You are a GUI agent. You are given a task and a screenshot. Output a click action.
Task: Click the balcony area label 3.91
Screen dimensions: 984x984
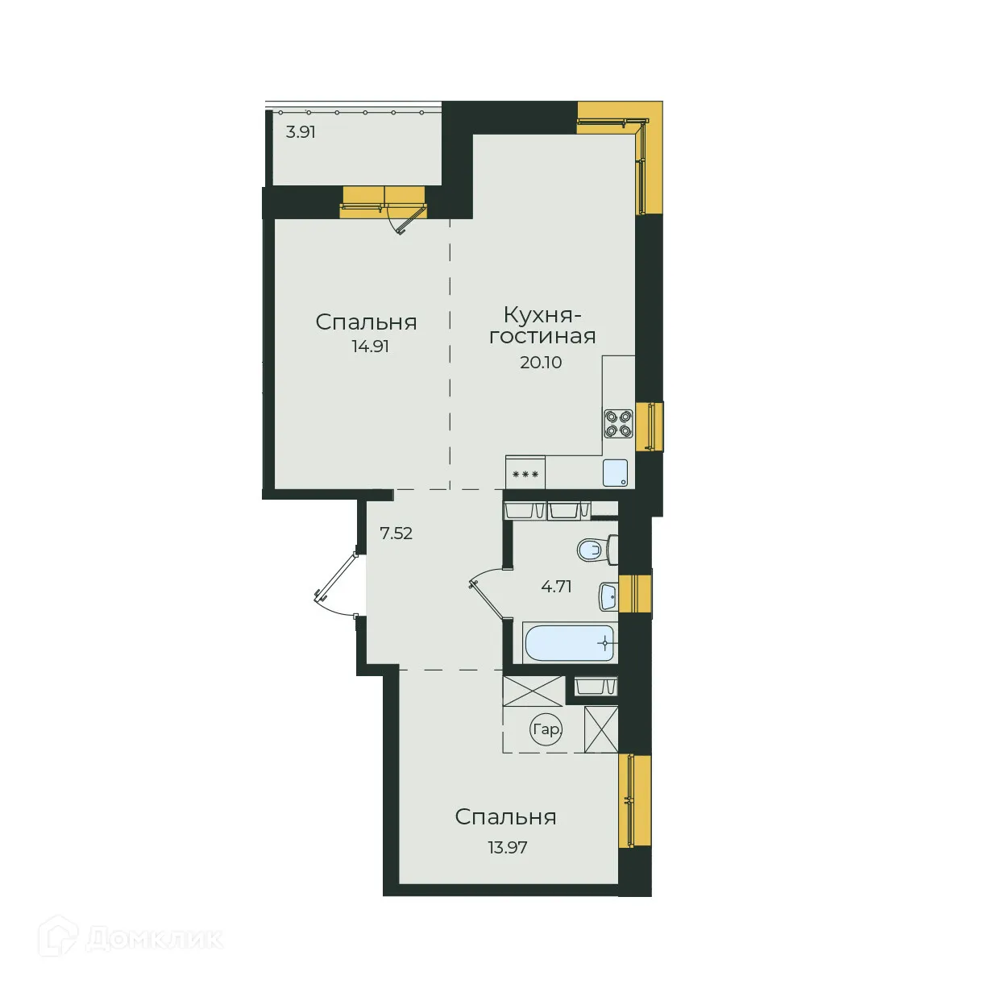pos(301,132)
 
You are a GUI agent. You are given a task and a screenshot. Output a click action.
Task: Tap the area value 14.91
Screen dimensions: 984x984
pos(370,347)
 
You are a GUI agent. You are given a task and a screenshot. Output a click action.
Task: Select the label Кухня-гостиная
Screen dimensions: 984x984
pos(542,326)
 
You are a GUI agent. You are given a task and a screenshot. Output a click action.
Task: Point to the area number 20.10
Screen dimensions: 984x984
pos(541,363)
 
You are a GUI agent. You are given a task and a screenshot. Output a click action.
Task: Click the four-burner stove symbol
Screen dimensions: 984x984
pos(618,423)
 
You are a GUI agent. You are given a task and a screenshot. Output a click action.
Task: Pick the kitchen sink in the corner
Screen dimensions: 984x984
pos(615,473)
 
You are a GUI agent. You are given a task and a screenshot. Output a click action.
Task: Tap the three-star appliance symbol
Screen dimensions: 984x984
pos(525,475)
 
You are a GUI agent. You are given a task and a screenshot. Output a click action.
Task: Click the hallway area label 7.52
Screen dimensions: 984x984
pos(396,534)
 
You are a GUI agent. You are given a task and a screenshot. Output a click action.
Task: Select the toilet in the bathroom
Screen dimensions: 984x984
pos(596,550)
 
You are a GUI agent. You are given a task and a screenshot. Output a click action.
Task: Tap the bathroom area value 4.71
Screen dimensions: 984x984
pos(556,587)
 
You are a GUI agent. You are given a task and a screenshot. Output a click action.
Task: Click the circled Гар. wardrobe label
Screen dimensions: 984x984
pos(546,730)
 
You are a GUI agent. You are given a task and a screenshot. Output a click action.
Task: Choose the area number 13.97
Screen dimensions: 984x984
pos(508,848)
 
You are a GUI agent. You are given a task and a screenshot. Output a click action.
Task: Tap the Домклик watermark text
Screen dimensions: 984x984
pos(153,939)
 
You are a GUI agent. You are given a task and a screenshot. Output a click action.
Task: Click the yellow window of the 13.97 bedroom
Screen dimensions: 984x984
pos(636,800)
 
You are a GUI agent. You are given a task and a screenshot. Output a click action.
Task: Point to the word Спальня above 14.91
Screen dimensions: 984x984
pos(367,322)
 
